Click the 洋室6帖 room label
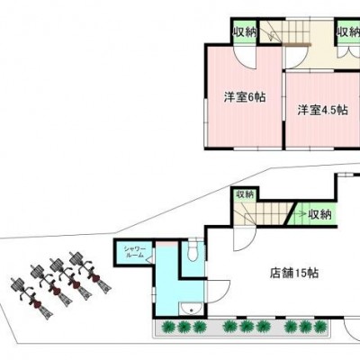245,97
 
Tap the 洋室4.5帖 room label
323,110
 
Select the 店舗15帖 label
294,273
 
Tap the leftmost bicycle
31,298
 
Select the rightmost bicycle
91,273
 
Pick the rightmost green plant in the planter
321,326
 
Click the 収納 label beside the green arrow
320,214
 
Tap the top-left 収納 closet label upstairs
246,31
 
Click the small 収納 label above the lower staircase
246,194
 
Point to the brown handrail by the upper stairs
296,44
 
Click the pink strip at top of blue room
166,244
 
